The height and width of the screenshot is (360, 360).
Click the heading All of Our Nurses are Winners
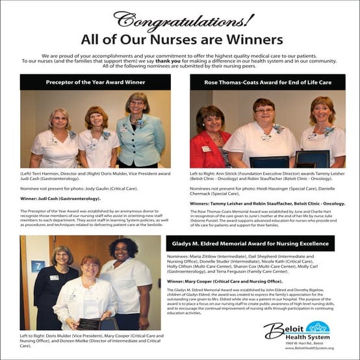pyautogui.click(x=180, y=40)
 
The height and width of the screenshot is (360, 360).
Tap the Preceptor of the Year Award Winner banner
pyautogui.click(x=95, y=83)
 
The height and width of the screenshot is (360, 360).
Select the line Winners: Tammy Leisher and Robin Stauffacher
pyautogui.click(x=267, y=203)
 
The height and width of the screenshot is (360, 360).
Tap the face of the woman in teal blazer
pyautogui.click(x=138, y=105)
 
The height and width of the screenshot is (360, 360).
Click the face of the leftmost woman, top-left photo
pyautogui.click(x=58, y=122)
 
